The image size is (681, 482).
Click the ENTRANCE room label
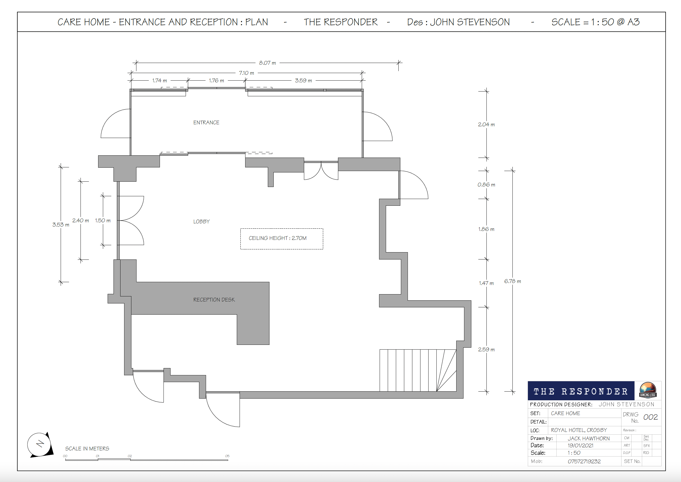coord(206,123)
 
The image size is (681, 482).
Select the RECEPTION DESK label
coord(214,300)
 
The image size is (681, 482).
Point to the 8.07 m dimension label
coord(267,63)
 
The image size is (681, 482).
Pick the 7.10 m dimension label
coord(247,73)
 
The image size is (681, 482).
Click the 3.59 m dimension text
coord(303,81)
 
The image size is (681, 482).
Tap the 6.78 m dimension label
coord(512,281)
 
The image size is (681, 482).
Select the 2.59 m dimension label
coord(486,350)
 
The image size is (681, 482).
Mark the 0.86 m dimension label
coord(486,185)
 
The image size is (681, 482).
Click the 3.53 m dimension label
coord(61,225)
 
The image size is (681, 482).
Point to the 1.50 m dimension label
coord(103,221)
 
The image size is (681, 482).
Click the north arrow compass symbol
coord(40,444)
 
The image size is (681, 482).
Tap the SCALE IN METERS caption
coord(87,448)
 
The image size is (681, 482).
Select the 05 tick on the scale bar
coord(227,456)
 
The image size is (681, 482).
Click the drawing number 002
coord(651,417)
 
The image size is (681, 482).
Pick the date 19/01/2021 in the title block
coord(580,445)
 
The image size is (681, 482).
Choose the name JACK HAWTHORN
coord(589,438)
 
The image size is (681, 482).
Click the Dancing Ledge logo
coord(648,390)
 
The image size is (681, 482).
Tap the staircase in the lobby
coord(418,370)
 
